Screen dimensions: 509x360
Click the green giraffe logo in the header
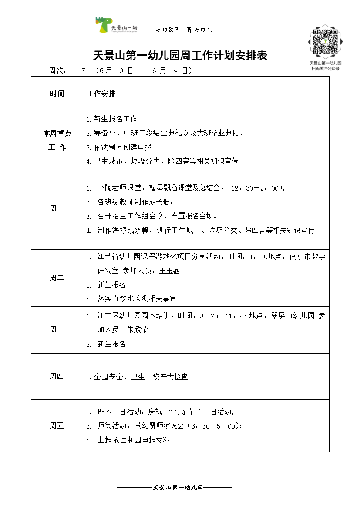click(104, 25)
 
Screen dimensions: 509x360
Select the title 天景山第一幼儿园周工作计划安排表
click(180, 56)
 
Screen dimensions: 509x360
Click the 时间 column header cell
click(57, 94)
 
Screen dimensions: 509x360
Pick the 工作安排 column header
click(101, 94)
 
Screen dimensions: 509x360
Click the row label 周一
click(57, 209)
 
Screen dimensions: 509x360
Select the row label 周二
click(57, 278)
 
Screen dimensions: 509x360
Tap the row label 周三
click(57, 329)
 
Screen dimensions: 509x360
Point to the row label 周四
click(57, 377)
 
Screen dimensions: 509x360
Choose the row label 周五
click(57, 426)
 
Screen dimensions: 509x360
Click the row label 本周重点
click(57, 134)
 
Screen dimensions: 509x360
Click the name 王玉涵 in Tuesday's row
click(169, 271)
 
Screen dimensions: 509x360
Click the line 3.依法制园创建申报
click(119, 147)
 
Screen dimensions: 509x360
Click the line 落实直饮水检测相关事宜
click(137, 298)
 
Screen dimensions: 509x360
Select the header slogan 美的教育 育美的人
click(183, 30)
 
